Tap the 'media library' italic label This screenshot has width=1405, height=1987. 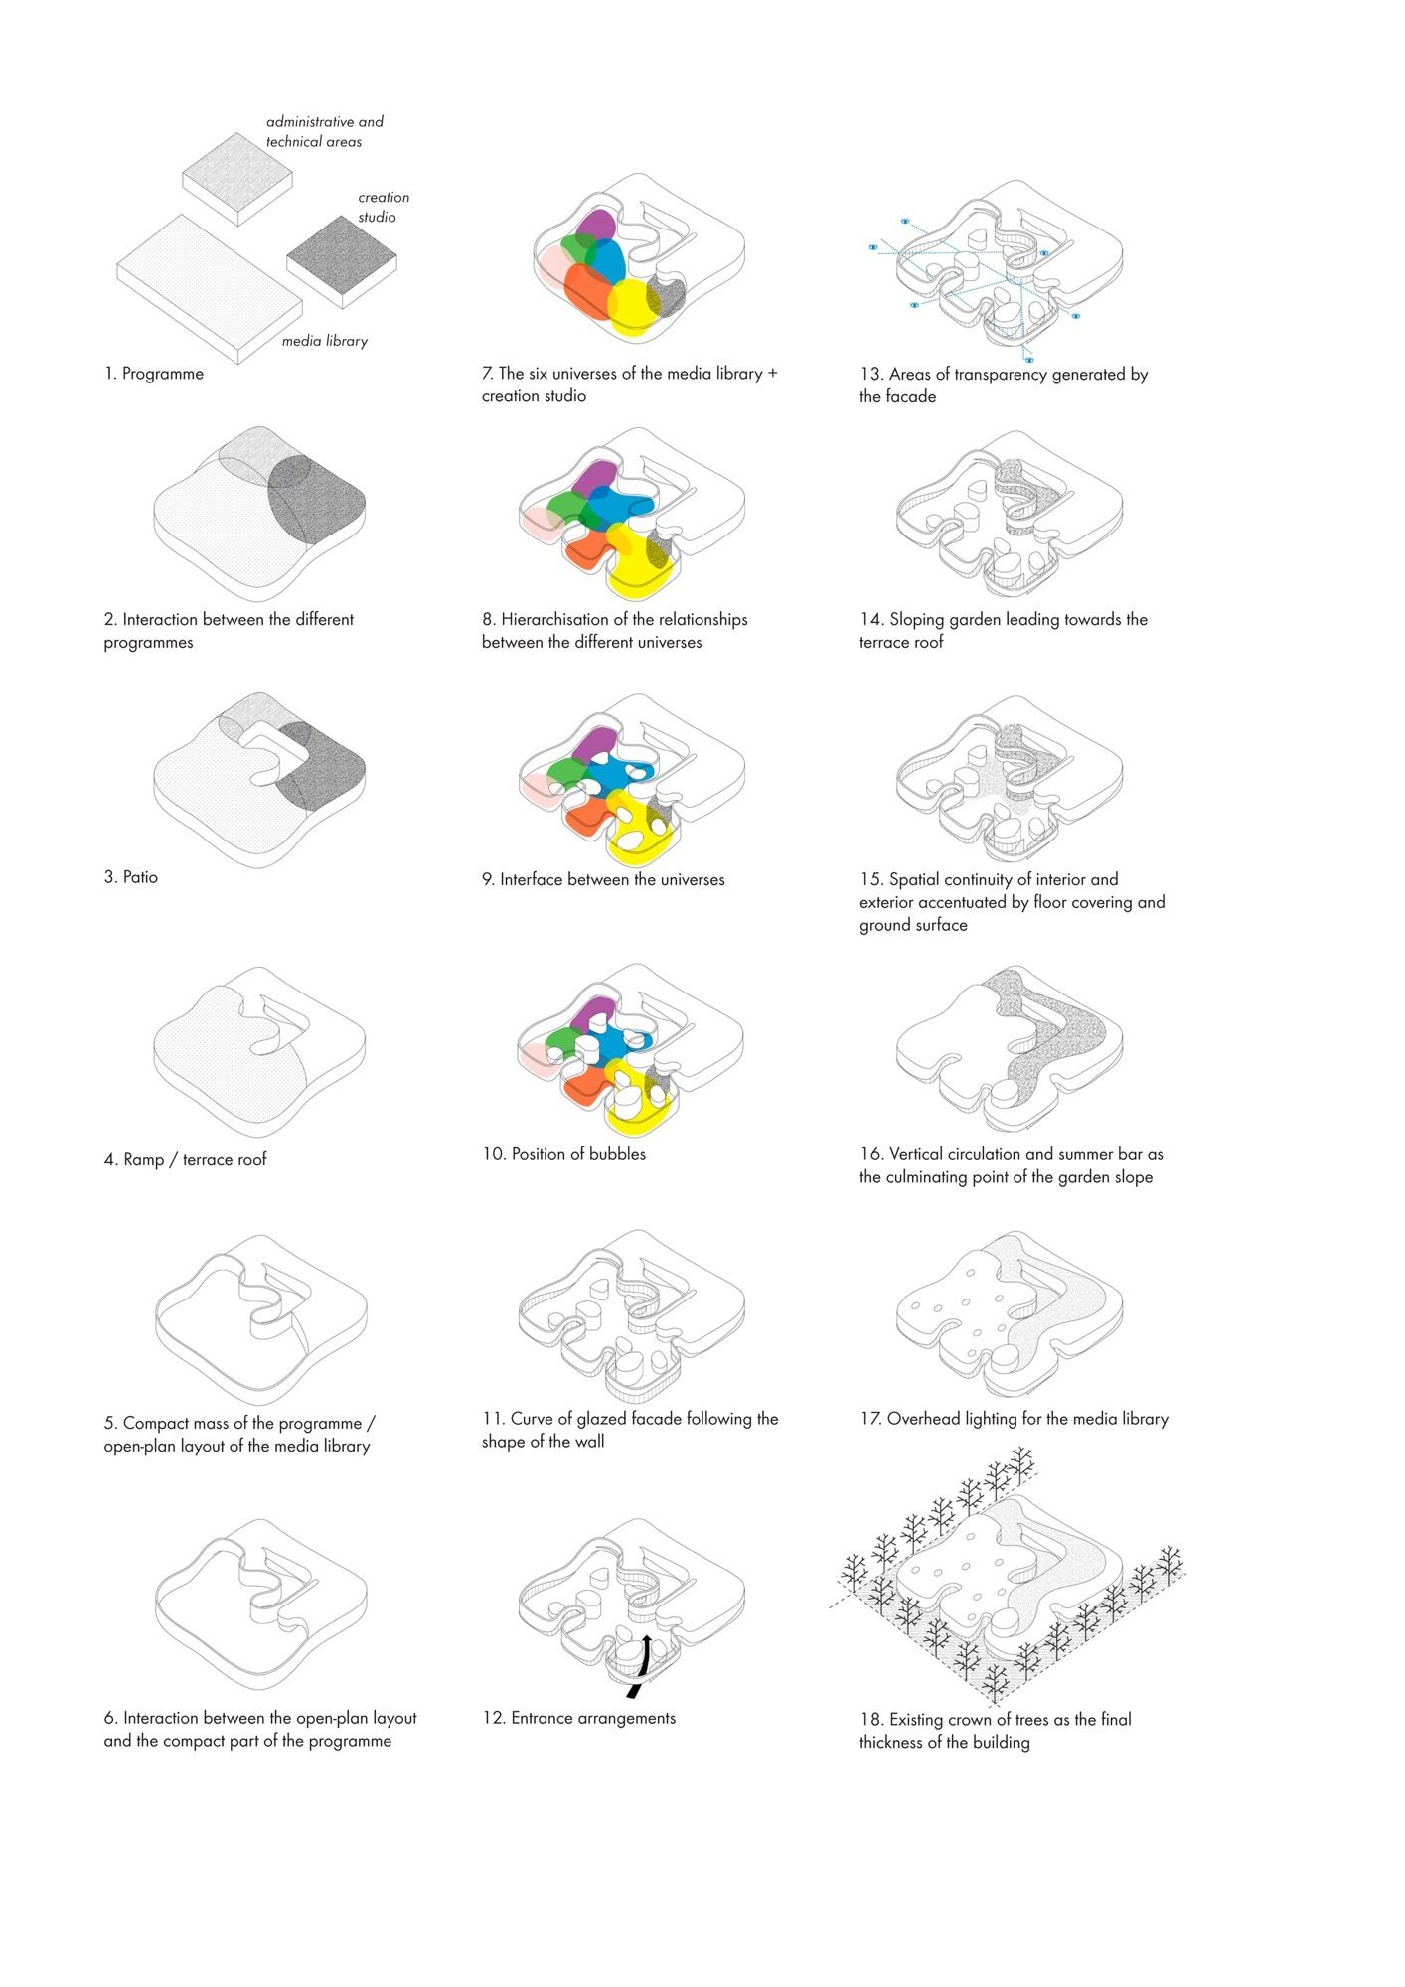[x=325, y=341]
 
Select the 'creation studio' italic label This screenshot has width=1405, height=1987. [x=384, y=207]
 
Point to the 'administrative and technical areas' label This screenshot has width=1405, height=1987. [x=324, y=131]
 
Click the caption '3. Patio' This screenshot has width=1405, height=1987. [x=131, y=877]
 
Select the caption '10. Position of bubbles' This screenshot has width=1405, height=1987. [x=563, y=1154]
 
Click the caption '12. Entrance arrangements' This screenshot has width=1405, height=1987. [x=578, y=1718]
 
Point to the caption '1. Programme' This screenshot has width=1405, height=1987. [x=154, y=374]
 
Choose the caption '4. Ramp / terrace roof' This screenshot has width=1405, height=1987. [x=186, y=1159]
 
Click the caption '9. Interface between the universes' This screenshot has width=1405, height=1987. [x=603, y=879]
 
